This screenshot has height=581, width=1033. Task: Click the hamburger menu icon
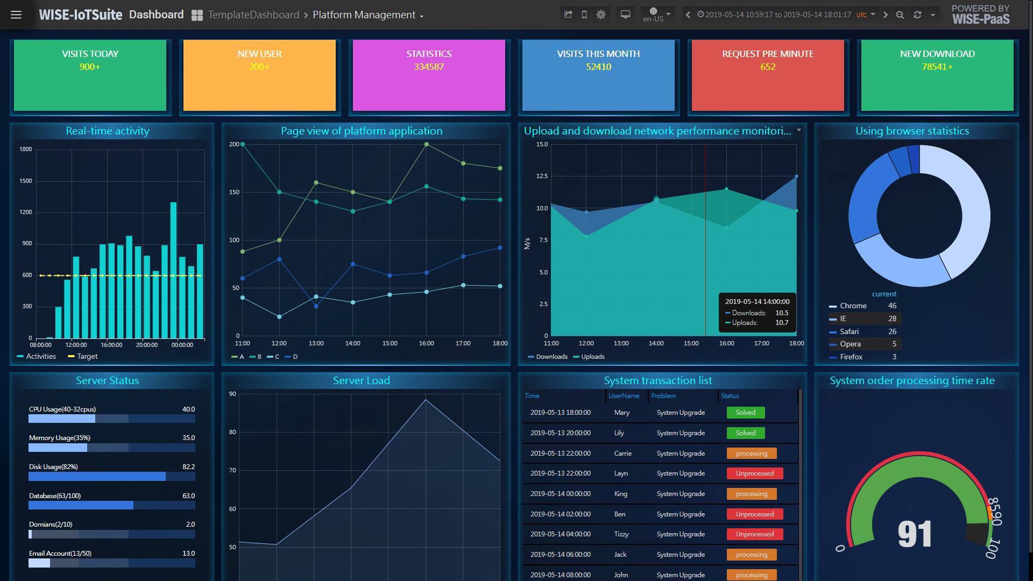coord(16,15)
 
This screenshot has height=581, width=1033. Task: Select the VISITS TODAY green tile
coord(90,75)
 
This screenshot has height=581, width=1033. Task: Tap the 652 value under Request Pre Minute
coord(768,67)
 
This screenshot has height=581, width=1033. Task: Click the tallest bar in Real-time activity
coord(173,269)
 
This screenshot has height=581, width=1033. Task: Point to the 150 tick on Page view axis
coord(234,192)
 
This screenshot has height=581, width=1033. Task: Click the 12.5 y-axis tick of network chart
coord(542,176)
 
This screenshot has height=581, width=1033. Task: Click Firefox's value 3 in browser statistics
coord(894,357)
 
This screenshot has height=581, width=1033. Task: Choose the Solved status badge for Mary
coord(746,413)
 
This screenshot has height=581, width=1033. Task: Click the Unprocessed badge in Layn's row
coord(754,473)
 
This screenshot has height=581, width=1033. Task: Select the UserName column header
coord(624,396)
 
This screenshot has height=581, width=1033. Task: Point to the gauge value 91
coord(914,534)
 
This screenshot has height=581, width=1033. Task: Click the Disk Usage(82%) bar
coord(97,477)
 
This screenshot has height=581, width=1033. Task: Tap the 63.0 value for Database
coord(188,496)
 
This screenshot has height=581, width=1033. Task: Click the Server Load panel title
coord(362,381)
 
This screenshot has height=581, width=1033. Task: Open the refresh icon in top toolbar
coord(917,15)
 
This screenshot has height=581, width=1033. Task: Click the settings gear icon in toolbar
coord(601,15)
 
